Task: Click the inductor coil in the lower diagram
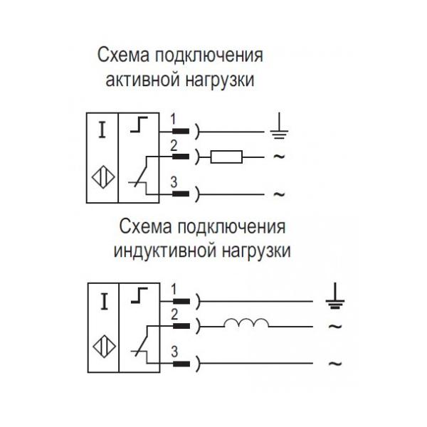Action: pos(246,325)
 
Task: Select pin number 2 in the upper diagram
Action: pos(173,144)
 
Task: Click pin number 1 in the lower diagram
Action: pos(174,288)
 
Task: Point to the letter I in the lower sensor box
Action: pos(103,301)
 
